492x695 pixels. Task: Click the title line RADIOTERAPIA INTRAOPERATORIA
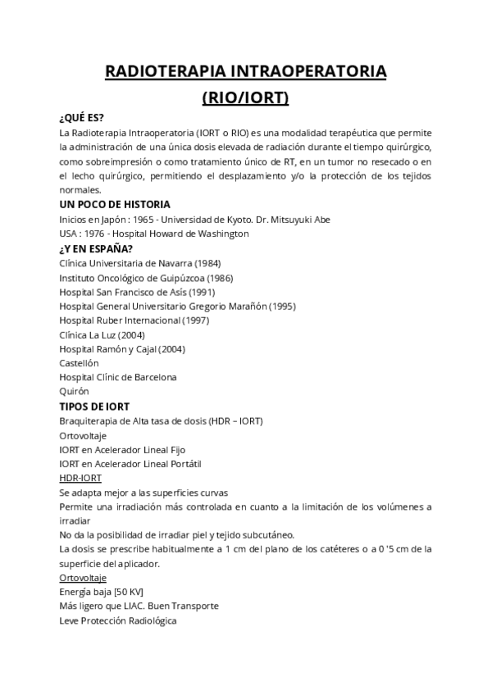246,72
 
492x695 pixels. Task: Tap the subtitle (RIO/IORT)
246,98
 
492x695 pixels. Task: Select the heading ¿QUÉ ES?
82,118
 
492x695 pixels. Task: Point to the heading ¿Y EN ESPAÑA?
97,248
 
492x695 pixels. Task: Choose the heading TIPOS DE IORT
94,407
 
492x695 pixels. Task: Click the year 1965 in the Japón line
144,219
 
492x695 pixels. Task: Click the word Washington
220,234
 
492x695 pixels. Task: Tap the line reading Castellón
79,363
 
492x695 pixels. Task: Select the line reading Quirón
74,392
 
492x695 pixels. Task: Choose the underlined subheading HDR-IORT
80,478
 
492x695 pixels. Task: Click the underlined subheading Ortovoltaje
84,578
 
